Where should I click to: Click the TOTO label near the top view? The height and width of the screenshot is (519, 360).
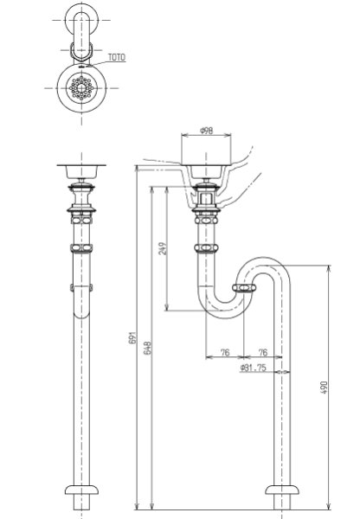coord(117,57)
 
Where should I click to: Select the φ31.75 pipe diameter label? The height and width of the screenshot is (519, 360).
coord(254,368)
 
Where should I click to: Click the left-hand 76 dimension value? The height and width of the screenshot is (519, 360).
coord(224,352)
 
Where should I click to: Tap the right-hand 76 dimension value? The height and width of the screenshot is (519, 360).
coord(262,352)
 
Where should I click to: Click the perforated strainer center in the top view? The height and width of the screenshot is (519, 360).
coord(81,87)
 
